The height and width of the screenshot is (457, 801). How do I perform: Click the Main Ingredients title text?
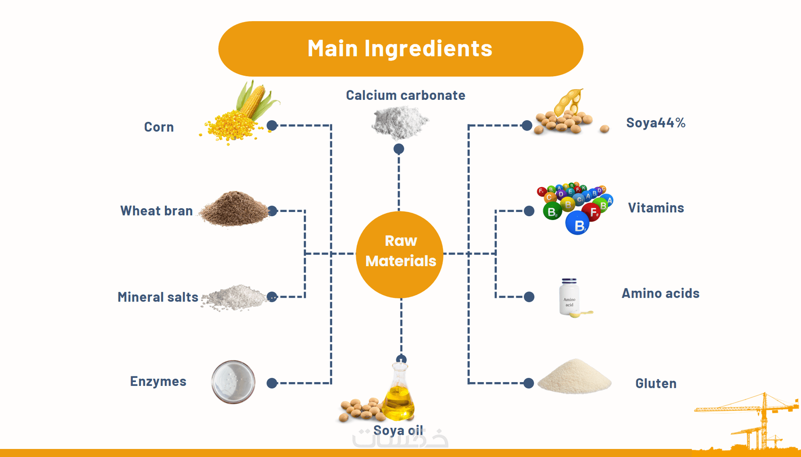click(x=400, y=48)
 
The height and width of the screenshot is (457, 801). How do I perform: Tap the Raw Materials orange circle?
click(x=400, y=254)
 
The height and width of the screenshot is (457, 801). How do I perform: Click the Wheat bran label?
click(x=156, y=211)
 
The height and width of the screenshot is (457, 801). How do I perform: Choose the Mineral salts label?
click(x=158, y=297)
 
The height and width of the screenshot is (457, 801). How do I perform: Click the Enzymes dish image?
click(x=233, y=382)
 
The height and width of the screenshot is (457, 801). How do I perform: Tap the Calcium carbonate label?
click(x=405, y=95)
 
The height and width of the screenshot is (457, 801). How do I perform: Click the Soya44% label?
click(x=655, y=123)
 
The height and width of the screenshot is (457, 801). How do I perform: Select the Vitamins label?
click(x=655, y=208)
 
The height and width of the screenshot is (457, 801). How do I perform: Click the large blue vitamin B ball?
click(x=578, y=223)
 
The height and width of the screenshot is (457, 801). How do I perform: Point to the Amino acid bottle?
click(x=569, y=297)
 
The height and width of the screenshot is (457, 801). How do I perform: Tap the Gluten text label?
click(x=655, y=384)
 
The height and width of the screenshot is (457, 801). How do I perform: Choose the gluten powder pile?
click(x=574, y=377)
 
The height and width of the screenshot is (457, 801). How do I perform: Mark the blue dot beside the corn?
click(x=272, y=125)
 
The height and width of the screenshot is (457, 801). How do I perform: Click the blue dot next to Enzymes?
click(x=272, y=383)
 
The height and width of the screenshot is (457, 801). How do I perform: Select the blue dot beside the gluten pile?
click(x=529, y=383)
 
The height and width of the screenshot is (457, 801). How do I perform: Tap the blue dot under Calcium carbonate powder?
click(x=399, y=149)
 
